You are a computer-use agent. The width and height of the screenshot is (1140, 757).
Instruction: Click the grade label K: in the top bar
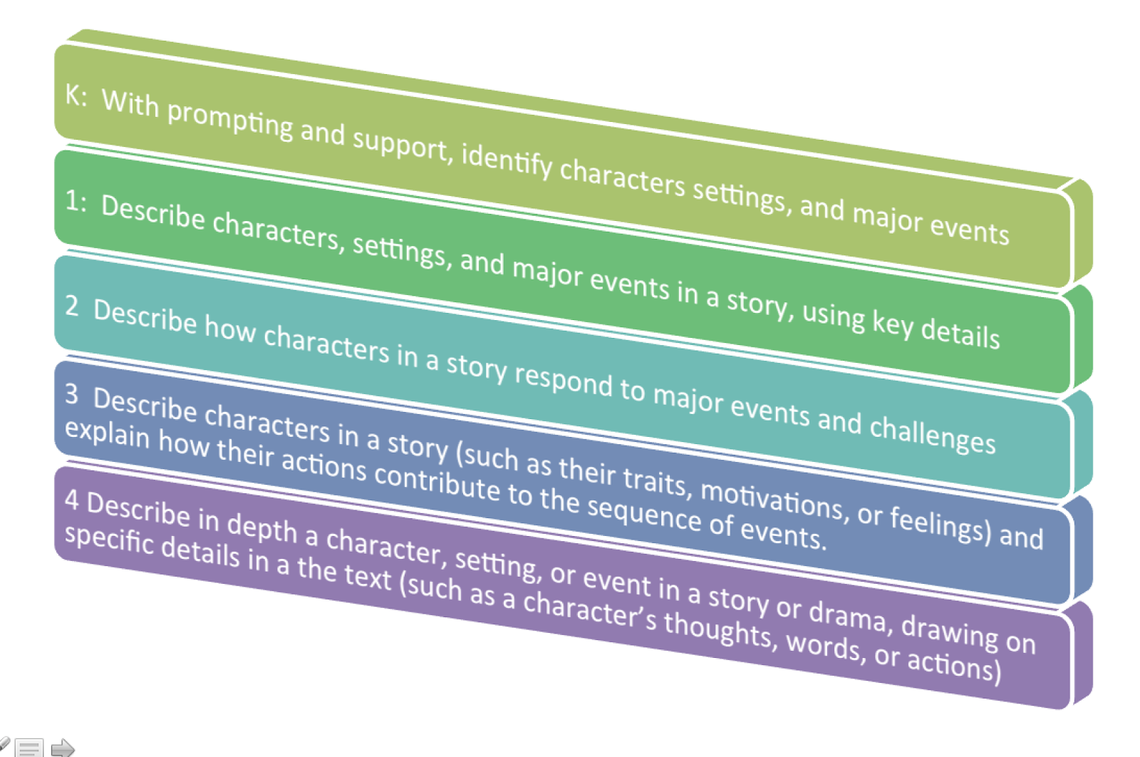pyautogui.click(x=76, y=94)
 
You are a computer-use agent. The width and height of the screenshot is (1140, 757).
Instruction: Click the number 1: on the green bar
pyautogui.click(x=76, y=201)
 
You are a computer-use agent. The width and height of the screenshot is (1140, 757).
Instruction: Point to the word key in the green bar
pyautogui.click(x=892, y=323)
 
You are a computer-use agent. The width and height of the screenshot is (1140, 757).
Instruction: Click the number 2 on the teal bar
pyautogui.click(x=72, y=305)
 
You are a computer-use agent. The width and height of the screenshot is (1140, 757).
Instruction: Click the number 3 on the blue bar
pyautogui.click(x=72, y=393)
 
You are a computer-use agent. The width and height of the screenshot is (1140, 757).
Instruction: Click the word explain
pyautogui.click(x=108, y=433)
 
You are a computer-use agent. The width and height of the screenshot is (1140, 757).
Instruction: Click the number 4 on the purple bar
pyautogui.click(x=71, y=500)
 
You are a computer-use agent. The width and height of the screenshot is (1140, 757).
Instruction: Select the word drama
pyautogui.click(x=848, y=612)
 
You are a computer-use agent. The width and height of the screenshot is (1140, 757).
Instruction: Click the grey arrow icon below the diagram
pyautogui.click(x=63, y=748)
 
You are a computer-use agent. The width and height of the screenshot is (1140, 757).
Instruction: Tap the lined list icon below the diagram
pyautogui.click(x=29, y=748)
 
